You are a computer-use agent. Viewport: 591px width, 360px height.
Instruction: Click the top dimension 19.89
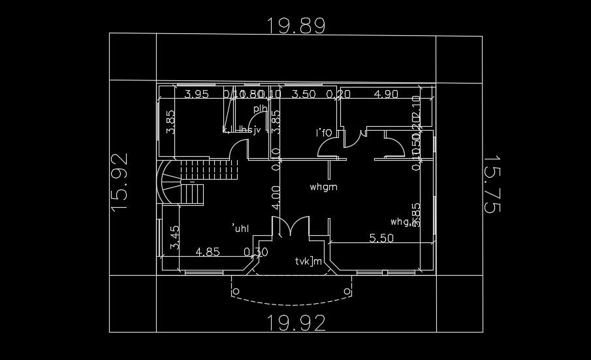[x=296, y=26]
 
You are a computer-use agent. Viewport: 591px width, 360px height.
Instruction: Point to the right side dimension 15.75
[x=491, y=184]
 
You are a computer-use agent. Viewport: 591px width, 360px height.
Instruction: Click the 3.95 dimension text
[x=197, y=94]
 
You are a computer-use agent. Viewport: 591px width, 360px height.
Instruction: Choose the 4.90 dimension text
[x=385, y=94]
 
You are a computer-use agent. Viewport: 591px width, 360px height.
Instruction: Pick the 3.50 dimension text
[x=303, y=94]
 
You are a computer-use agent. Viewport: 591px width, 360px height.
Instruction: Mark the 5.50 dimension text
[x=381, y=238]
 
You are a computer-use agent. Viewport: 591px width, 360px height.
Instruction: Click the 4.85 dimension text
[x=208, y=252]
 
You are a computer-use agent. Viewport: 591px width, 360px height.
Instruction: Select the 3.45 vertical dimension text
[x=174, y=238]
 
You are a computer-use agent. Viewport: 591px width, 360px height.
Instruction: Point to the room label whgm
[x=323, y=188]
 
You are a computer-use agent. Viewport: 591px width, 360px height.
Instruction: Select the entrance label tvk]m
[x=308, y=262]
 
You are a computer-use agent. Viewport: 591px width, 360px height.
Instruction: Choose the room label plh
[x=260, y=108]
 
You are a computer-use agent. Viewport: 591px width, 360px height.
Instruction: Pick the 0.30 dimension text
[x=255, y=252]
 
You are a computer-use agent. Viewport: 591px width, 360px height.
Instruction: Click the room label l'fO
[x=324, y=133]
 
